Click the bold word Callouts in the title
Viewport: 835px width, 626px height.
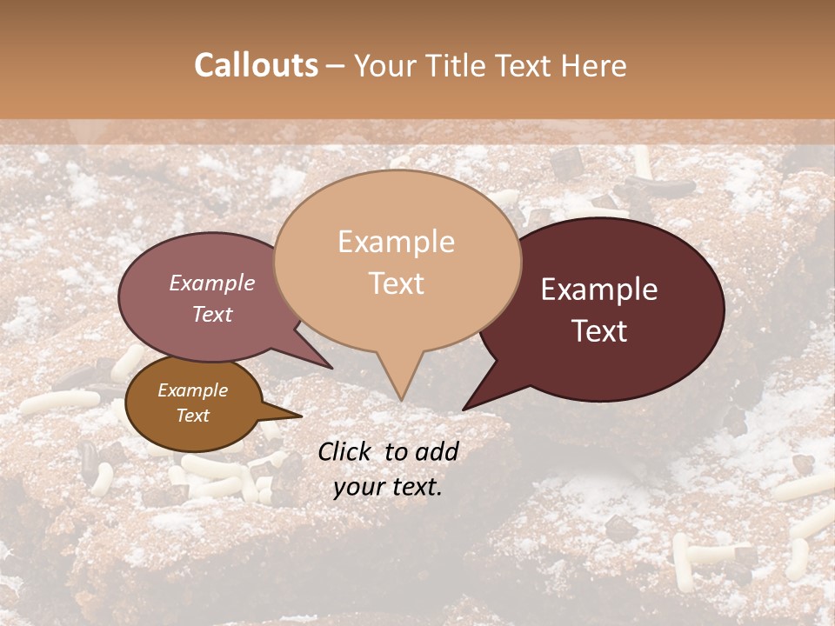point(256,65)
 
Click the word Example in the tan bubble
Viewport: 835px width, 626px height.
point(396,242)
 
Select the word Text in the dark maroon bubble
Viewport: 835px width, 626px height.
point(599,330)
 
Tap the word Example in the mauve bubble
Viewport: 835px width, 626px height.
point(211,283)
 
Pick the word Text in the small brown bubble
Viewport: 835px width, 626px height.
point(192,416)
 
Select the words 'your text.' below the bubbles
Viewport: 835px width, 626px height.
point(387,487)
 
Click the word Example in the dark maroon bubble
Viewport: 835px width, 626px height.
point(599,290)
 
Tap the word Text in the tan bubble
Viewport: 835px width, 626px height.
point(396,283)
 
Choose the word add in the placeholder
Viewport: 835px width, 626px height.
point(438,450)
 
